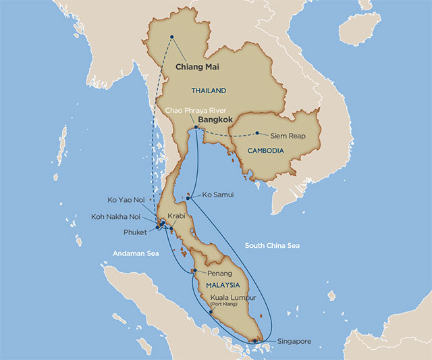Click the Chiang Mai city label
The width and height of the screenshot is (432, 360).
(198, 68)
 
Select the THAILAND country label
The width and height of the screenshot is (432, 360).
(209, 91)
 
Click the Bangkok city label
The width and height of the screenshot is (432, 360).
(215, 121)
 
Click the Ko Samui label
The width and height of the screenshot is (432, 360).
(215, 196)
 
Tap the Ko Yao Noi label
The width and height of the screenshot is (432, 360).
(130, 200)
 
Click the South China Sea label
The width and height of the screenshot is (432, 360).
(272, 245)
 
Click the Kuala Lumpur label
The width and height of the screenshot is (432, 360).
(233, 297)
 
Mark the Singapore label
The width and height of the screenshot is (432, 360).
(292, 341)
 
